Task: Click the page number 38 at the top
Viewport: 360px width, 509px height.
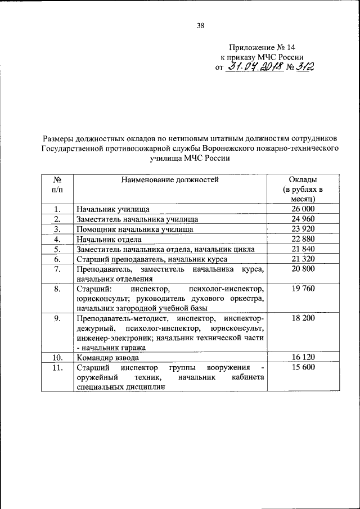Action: pos(200,24)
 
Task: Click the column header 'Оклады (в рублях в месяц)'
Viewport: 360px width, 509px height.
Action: pos(303,189)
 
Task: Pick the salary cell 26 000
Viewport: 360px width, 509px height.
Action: pos(303,209)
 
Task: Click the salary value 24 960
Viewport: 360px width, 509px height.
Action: pos(303,219)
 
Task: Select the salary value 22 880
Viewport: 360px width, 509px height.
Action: pos(303,239)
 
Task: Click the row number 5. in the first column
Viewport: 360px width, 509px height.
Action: pos(57,249)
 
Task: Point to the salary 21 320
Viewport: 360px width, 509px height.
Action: pos(303,259)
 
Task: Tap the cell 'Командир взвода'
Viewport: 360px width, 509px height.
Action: pos(107,357)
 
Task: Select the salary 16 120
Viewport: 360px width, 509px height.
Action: pos(303,357)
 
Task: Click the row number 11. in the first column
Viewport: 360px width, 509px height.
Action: pos(57,367)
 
